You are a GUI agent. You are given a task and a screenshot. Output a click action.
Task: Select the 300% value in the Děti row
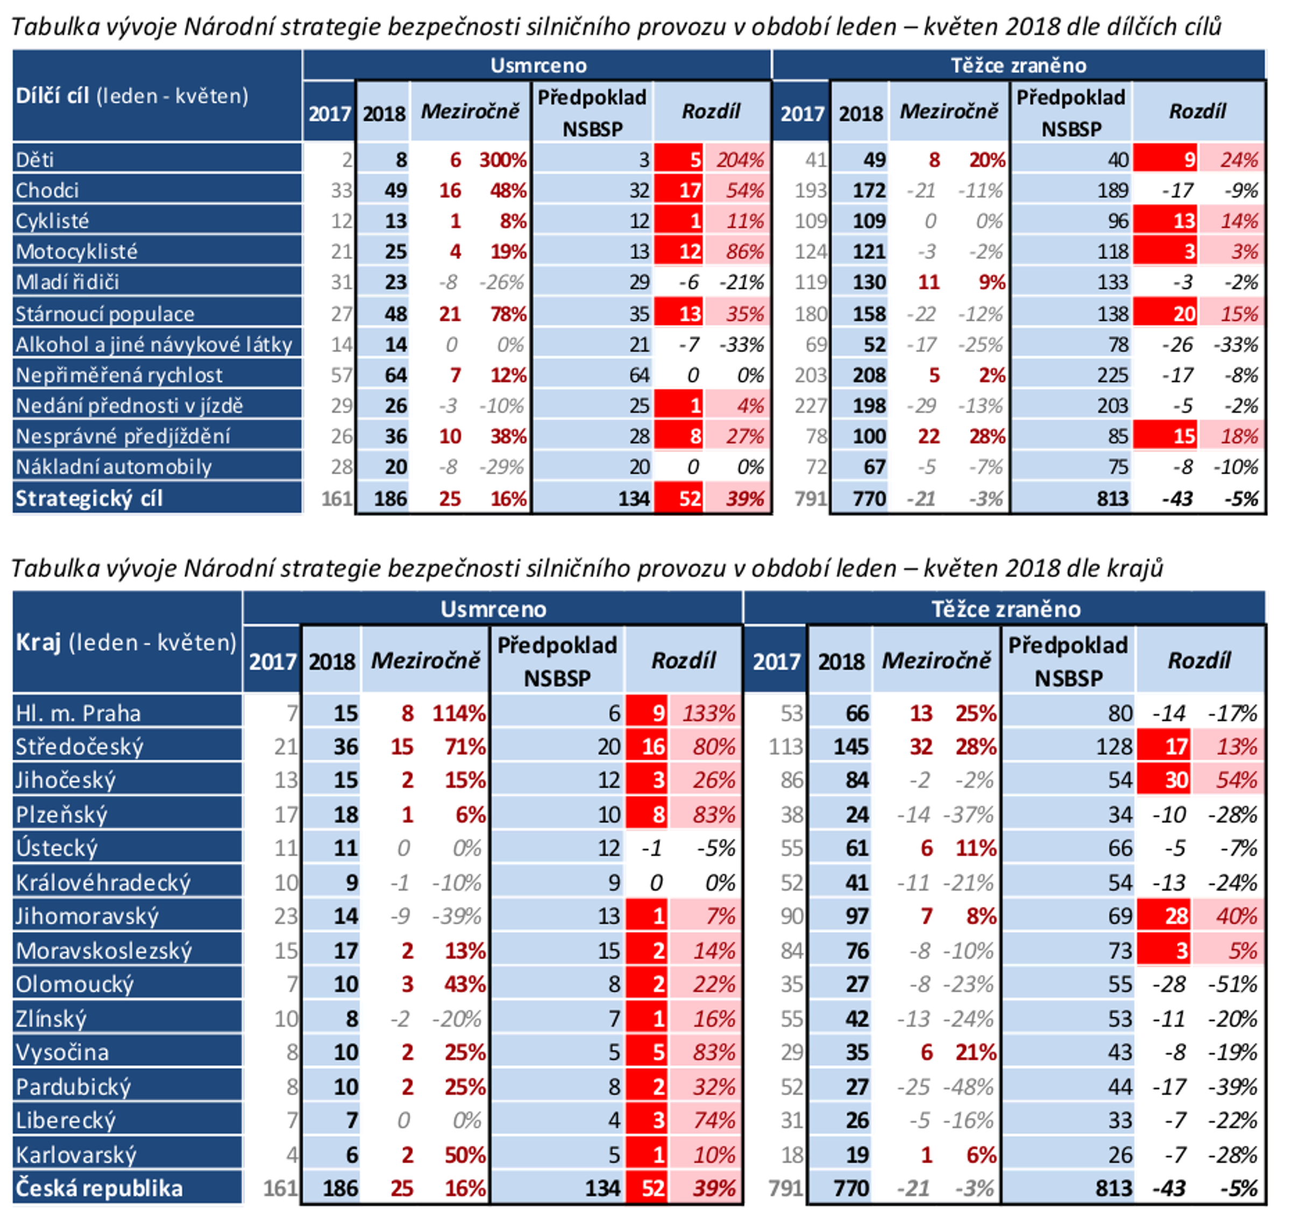click(502, 159)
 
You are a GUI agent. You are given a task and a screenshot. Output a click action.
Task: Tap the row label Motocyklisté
click(76, 251)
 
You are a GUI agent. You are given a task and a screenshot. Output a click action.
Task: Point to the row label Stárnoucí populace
click(104, 313)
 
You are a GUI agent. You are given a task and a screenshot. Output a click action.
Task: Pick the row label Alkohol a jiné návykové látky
click(153, 344)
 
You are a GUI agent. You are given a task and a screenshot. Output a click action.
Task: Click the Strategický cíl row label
click(89, 498)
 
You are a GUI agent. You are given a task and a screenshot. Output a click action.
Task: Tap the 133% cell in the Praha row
click(708, 713)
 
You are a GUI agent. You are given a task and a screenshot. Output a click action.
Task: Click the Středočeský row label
click(79, 747)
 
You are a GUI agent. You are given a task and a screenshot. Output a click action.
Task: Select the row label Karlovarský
click(76, 1154)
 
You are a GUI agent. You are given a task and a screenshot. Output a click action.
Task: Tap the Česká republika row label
click(98, 1188)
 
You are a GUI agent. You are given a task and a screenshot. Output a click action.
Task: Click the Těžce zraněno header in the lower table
click(1005, 609)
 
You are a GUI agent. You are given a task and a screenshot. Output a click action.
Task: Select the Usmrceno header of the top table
click(538, 65)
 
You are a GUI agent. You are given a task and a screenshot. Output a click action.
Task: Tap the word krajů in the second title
click(1134, 568)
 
